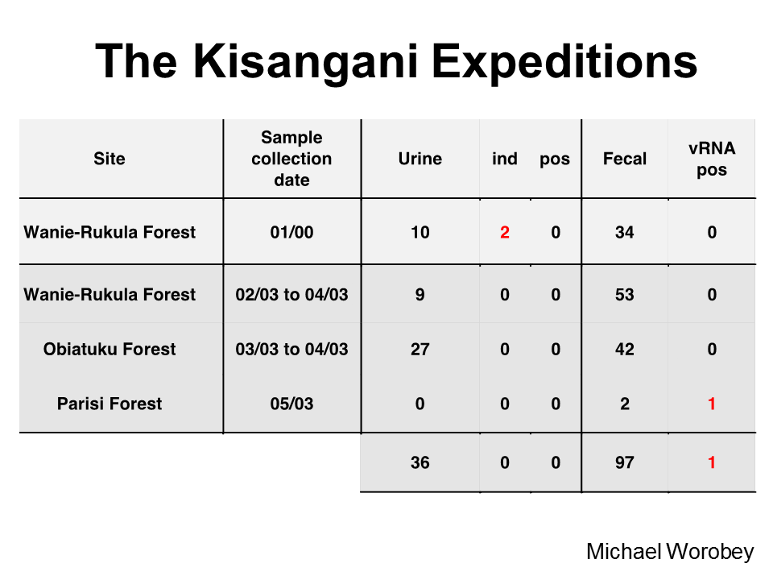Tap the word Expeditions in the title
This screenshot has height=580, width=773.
tap(564, 63)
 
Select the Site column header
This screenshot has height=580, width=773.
tap(110, 159)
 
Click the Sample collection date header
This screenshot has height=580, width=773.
tap(291, 159)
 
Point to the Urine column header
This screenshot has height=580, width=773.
tap(420, 159)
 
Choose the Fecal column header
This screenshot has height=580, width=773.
tap(625, 159)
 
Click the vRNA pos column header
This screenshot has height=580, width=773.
tap(712, 159)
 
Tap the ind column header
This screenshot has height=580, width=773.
tap(505, 159)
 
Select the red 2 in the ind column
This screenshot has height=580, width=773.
tap(505, 232)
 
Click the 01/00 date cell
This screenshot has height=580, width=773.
tap(291, 232)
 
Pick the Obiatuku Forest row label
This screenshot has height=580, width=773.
tap(110, 349)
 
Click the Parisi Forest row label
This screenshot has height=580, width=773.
tap(110, 404)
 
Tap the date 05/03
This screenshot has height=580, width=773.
tap(291, 404)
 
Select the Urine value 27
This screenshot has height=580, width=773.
tap(420, 349)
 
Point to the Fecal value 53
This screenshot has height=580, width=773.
tap(625, 295)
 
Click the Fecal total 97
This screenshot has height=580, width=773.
tap(625, 462)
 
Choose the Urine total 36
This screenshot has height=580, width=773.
tap(420, 462)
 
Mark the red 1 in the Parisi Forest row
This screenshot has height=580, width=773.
tap(712, 404)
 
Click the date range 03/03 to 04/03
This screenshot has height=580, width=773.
tap(291, 349)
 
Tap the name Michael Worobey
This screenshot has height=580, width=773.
tap(670, 552)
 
